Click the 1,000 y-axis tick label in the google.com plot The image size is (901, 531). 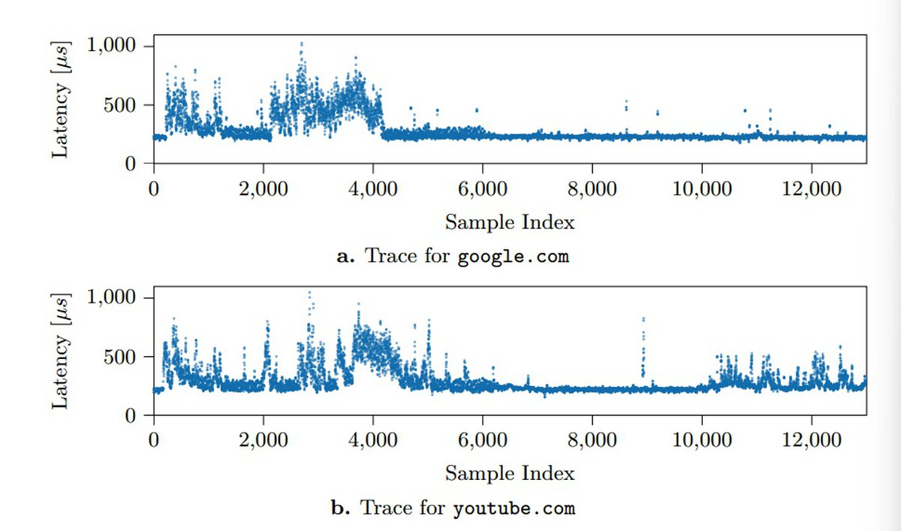click(x=111, y=45)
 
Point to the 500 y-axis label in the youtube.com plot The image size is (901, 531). click(x=120, y=357)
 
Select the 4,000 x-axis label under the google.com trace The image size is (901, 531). click(x=373, y=189)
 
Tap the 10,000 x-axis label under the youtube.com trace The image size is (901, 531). click(x=702, y=439)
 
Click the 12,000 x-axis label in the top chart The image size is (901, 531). click(x=812, y=189)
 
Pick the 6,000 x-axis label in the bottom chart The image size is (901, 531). click(x=483, y=439)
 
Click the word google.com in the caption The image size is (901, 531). click(x=514, y=257)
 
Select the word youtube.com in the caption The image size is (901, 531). click(x=514, y=508)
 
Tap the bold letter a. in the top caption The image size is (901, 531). click(x=345, y=257)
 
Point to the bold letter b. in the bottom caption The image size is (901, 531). click(x=341, y=507)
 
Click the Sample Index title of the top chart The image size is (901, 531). click(x=510, y=222)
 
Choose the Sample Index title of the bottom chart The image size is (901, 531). click(x=510, y=473)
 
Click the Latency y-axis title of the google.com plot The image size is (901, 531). click(x=61, y=99)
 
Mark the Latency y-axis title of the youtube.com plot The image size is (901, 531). click(x=61, y=351)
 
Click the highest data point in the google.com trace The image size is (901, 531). click(x=302, y=43)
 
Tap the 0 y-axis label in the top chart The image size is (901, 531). click(x=131, y=164)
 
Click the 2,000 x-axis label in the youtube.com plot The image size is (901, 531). click(x=263, y=439)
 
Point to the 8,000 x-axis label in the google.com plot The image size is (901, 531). click(x=592, y=189)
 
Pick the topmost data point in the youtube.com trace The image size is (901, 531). click(x=309, y=293)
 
